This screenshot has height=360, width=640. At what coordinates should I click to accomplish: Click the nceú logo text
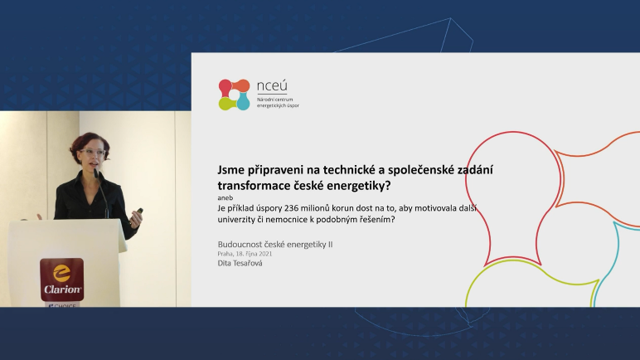[272, 86]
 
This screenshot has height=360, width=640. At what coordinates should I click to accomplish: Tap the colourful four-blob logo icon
[234, 95]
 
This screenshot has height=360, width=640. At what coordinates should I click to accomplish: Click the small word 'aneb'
[225, 198]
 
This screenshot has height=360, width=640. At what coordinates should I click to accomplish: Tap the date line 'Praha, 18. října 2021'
[245, 254]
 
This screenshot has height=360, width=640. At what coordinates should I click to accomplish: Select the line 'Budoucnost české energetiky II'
[275, 245]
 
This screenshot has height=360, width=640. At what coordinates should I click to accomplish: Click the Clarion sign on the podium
[62, 280]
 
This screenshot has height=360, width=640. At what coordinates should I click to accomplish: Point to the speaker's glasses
[94, 152]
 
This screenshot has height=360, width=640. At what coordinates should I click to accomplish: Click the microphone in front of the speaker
[101, 193]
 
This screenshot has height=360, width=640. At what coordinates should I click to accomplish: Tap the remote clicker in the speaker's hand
[139, 212]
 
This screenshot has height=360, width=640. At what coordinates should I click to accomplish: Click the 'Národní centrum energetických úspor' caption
[278, 103]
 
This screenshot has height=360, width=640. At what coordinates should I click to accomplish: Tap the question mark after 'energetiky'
[388, 186]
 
